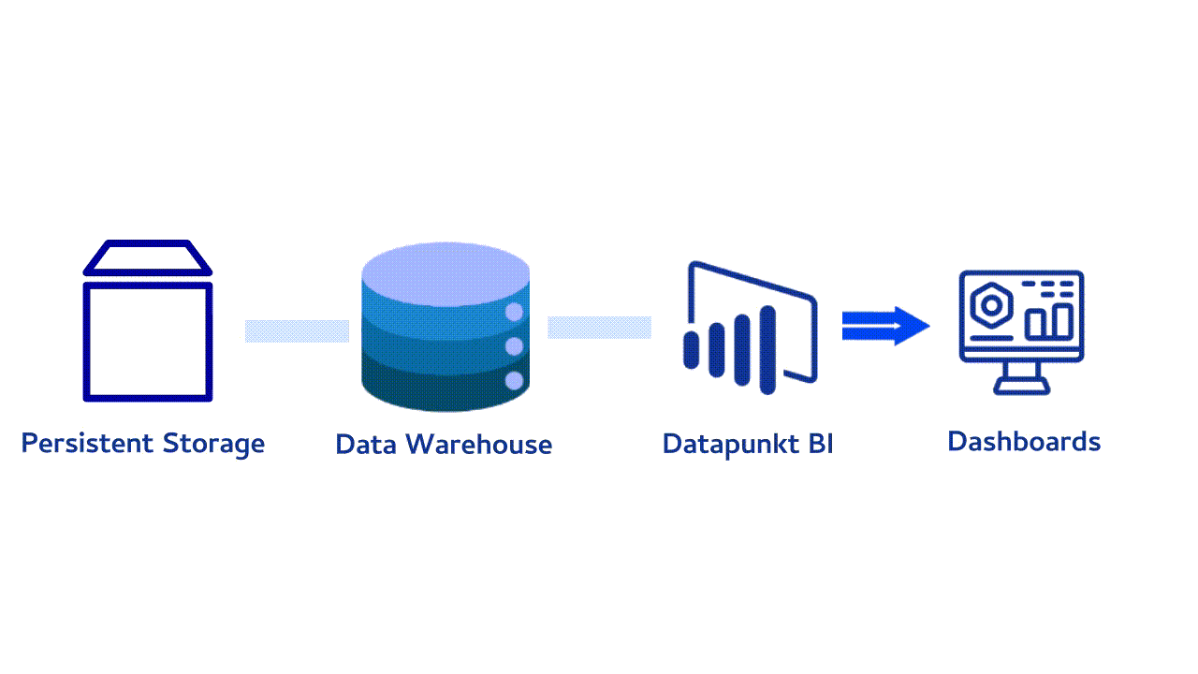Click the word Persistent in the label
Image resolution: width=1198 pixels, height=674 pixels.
(88, 443)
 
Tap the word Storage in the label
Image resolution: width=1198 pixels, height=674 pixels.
(213, 445)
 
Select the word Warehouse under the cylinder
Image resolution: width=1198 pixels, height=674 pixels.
(478, 445)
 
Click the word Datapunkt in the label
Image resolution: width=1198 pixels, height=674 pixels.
(731, 445)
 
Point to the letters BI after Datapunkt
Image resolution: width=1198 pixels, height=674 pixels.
(821, 444)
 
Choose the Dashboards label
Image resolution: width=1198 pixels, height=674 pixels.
(1024, 442)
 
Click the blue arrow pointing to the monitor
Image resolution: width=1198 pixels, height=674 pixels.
(885, 326)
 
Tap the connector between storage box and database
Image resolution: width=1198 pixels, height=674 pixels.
(297, 331)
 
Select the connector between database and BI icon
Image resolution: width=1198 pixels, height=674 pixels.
(599, 328)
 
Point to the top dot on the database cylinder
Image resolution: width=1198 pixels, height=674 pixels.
(514, 312)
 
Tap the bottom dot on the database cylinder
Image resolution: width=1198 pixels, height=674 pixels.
(514, 381)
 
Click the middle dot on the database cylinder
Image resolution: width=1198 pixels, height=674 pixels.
(514, 346)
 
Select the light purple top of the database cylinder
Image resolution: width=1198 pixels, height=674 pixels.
(446, 274)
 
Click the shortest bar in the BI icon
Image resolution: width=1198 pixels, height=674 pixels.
(692, 350)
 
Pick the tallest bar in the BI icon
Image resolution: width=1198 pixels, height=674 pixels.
(767, 350)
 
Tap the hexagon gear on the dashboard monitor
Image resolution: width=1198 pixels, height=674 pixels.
(991, 305)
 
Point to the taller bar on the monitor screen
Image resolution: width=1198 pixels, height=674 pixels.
(1062, 321)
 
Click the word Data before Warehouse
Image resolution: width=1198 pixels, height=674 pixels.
(366, 445)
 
